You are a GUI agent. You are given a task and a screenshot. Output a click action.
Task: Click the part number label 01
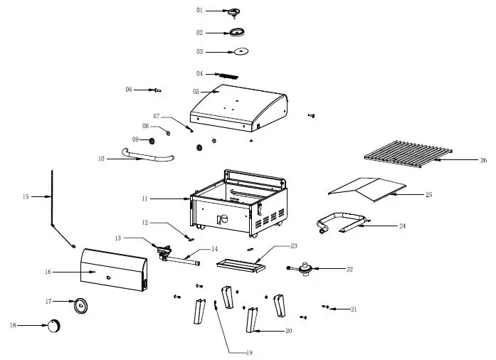coord(199,11)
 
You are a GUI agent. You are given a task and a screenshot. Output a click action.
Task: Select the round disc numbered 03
coord(241,51)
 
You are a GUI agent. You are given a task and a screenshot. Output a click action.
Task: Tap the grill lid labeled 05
coord(238,107)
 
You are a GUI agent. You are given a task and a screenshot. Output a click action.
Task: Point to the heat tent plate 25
coord(367,188)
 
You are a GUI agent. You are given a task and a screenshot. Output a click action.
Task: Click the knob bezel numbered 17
coord(81,305)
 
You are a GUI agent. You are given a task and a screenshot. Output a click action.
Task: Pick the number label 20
coord(288,331)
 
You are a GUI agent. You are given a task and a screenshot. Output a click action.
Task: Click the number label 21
coord(354,309)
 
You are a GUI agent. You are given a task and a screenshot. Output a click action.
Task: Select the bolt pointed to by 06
coord(156,90)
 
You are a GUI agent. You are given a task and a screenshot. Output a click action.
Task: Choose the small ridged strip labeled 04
coord(228,75)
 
